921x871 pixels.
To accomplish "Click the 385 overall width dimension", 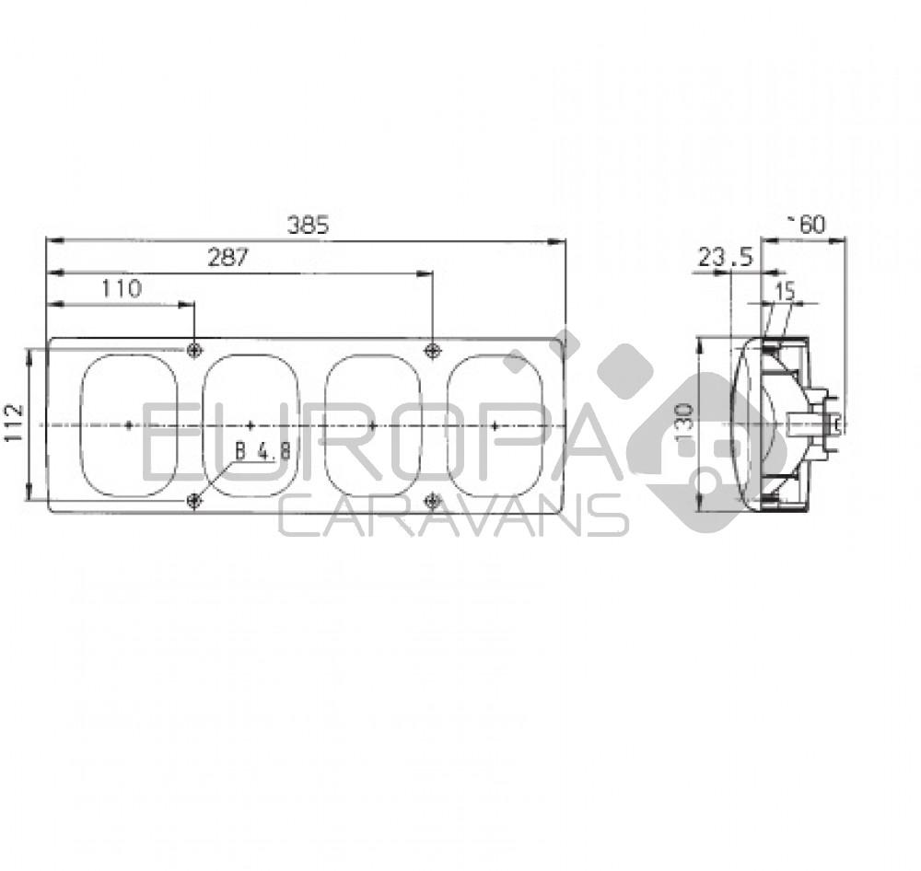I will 307,226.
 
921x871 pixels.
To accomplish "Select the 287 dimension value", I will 227,258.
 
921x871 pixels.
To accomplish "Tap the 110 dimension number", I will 122,289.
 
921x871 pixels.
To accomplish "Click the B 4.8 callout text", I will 262,451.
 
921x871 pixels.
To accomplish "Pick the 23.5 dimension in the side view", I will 725,259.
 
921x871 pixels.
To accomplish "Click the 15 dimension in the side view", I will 784,291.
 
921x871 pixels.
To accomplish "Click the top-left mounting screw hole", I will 194,350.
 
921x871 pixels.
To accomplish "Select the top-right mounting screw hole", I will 432,350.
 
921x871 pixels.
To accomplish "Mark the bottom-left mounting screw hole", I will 194,500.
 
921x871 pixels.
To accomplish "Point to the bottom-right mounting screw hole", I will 432,500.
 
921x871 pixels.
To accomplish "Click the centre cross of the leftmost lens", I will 128,424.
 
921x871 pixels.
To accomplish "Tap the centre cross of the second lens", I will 251,424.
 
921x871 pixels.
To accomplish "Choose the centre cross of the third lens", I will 372,424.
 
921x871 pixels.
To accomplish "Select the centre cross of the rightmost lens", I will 495,424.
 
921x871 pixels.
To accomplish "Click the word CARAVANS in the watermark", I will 453,517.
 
